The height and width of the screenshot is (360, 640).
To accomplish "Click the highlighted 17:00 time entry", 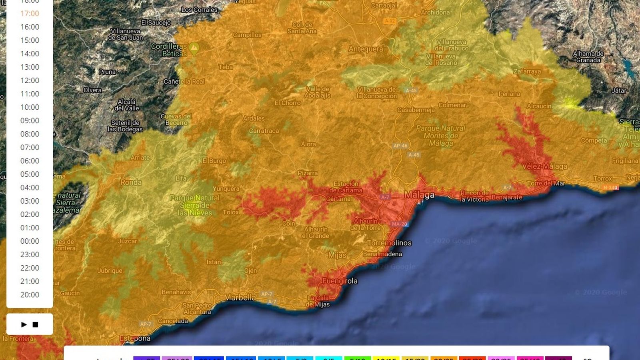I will pos(30,14).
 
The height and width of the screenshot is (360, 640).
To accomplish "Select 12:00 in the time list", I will pos(30,80).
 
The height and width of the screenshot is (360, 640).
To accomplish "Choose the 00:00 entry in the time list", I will pos(30,241).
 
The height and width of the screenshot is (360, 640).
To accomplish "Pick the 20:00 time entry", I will pos(30,295).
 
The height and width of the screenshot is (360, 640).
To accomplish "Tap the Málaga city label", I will pos(419,195).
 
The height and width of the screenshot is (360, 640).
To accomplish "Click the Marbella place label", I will pos(240,298).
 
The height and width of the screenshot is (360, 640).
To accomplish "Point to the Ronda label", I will pos(131,182).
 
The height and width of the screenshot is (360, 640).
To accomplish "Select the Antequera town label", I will pos(366,49).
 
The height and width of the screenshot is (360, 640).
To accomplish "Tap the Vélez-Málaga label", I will pos(544,166).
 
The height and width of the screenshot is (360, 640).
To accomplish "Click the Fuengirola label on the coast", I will pos(340,281).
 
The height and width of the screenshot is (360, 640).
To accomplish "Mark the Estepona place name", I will pos(135,338).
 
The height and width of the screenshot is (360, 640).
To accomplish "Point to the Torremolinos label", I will pos(389,243).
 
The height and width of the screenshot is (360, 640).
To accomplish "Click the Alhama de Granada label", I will pos(588,57).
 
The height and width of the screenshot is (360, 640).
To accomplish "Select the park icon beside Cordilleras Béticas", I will pos(194,48).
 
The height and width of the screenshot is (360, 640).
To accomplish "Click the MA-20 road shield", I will pos(399,224).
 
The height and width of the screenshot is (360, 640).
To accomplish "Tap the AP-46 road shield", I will pos(400,146).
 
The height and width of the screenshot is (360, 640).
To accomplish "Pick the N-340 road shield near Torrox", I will pos(610,188).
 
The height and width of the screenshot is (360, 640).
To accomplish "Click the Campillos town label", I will pos(247,35).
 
